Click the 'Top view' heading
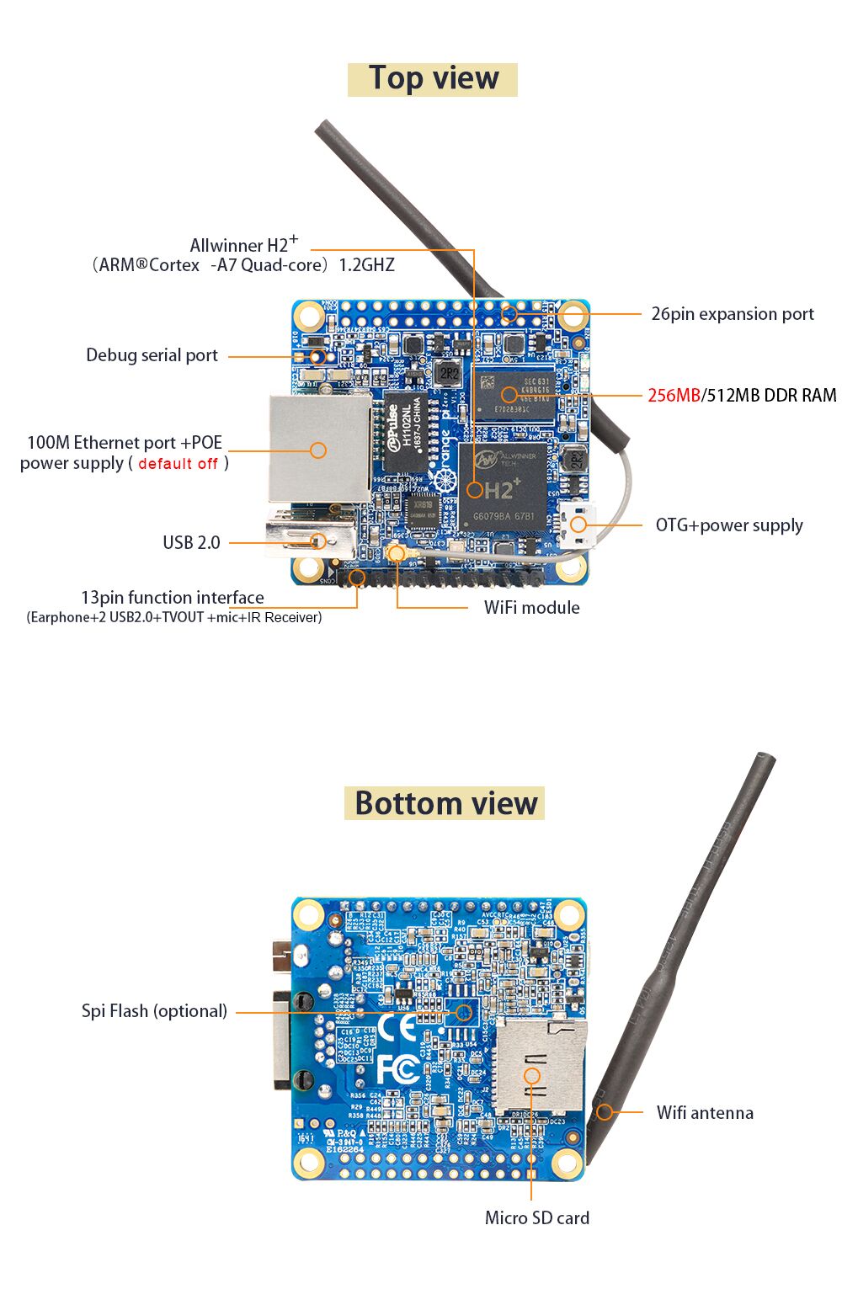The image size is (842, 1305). (x=433, y=78)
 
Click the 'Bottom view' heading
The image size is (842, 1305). (x=445, y=803)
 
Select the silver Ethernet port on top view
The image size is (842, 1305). (x=318, y=449)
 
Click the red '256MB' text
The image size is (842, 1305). (x=674, y=396)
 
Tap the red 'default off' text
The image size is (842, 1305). (x=178, y=464)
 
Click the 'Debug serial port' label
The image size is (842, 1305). (x=152, y=355)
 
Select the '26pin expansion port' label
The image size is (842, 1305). (x=732, y=314)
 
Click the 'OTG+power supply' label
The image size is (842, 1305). (x=728, y=525)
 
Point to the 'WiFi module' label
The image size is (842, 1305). (x=531, y=608)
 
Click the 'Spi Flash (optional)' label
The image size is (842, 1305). (x=154, y=1011)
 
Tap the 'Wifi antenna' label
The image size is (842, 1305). (x=704, y=1113)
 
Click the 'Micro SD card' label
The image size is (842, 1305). (x=536, y=1218)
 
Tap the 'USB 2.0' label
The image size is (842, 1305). (x=191, y=543)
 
